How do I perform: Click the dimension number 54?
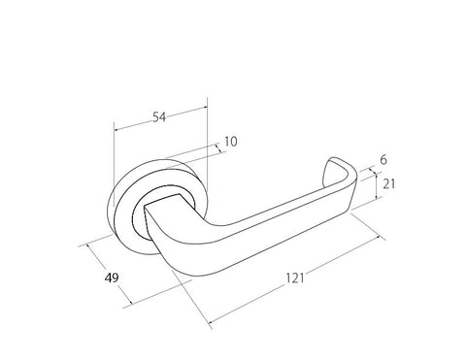tap(160, 116)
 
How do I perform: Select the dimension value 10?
tap(230, 142)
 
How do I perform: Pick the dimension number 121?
tap(296, 278)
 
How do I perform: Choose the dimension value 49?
tap(112, 278)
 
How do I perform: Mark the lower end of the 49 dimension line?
tap(126, 308)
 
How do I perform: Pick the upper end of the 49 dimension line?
tap(88, 243)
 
